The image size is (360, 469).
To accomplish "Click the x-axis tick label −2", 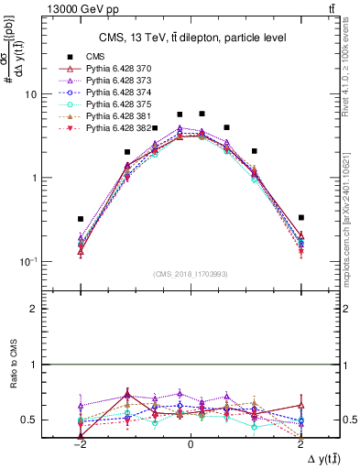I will pyautogui.click(x=80, y=445).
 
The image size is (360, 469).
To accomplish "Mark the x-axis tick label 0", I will pyautogui.click(x=191, y=445).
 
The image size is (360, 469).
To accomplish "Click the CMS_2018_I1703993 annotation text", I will pyautogui.click(x=190, y=274).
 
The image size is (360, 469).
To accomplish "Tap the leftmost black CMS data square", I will pyautogui.click(x=81, y=219).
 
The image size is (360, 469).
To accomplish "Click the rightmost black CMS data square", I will pyautogui.click(x=300, y=218).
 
